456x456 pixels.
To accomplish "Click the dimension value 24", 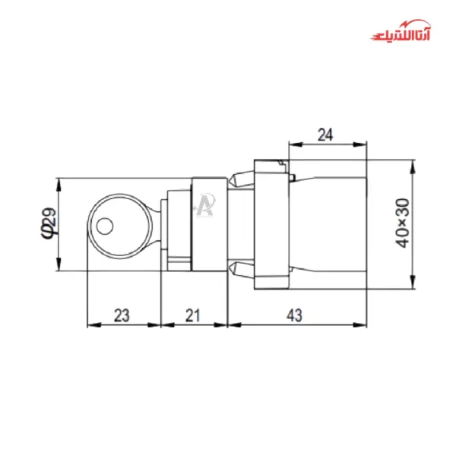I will point(325,135).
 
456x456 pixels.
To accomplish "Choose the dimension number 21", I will point(194,315).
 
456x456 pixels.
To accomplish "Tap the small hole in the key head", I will point(105,225).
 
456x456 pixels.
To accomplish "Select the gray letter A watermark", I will point(204,205).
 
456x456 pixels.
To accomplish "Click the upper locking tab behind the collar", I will point(241,181).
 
